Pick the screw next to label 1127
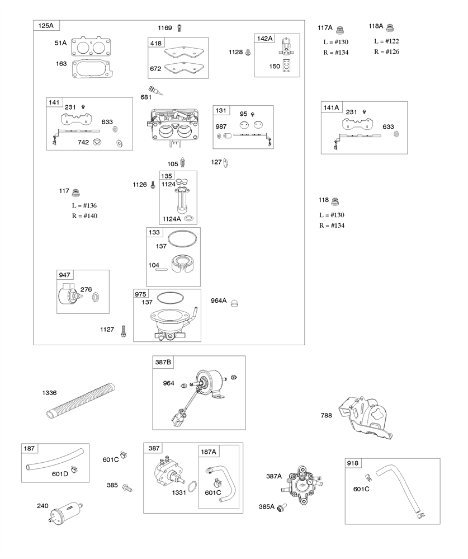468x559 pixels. [123, 331]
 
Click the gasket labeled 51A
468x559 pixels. [92, 45]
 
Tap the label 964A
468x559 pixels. [219, 301]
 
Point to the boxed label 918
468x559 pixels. [353, 463]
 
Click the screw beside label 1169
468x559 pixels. [179, 27]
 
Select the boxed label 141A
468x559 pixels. [332, 107]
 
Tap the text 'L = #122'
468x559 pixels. [386, 41]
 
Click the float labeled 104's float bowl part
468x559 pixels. [182, 265]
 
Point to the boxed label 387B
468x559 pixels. [163, 363]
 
